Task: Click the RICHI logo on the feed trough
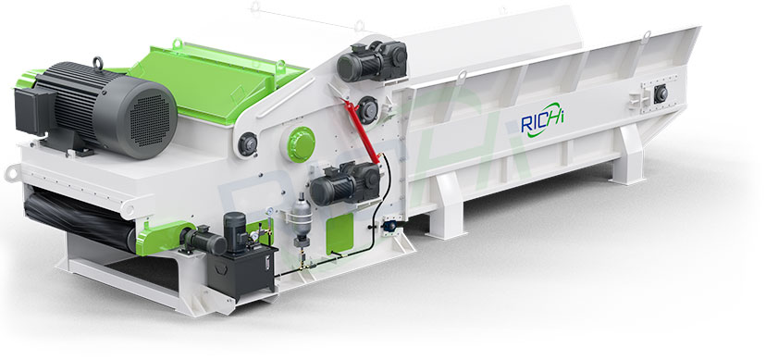[x=542, y=119]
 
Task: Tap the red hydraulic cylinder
[x=362, y=131]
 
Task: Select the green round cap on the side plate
[x=301, y=144]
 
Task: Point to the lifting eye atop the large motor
[x=98, y=63]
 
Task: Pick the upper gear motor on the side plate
[x=372, y=60]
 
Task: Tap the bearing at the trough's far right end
[x=661, y=93]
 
